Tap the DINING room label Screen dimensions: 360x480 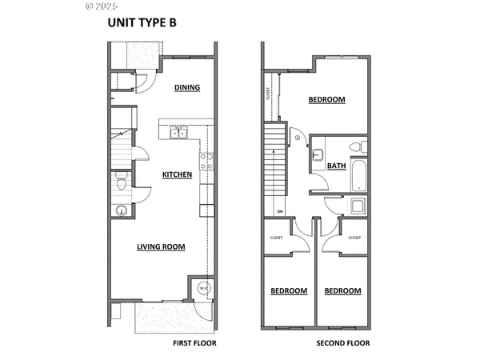pos(186,88)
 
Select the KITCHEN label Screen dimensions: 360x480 pos(177,174)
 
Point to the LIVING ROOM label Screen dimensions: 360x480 pos(161,247)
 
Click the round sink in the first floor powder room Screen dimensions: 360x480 pos(120,211)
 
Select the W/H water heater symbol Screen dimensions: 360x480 pos(203,288)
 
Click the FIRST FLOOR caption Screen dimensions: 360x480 pos(194,343)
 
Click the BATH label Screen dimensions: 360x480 pos(337,166)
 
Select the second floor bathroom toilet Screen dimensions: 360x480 pos(361,147)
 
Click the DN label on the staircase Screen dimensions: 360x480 pos(280,212)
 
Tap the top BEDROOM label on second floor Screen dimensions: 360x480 pos(326,100)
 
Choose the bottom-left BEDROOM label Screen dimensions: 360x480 pos(288,291)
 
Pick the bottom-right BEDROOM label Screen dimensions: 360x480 pos(342,291)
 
